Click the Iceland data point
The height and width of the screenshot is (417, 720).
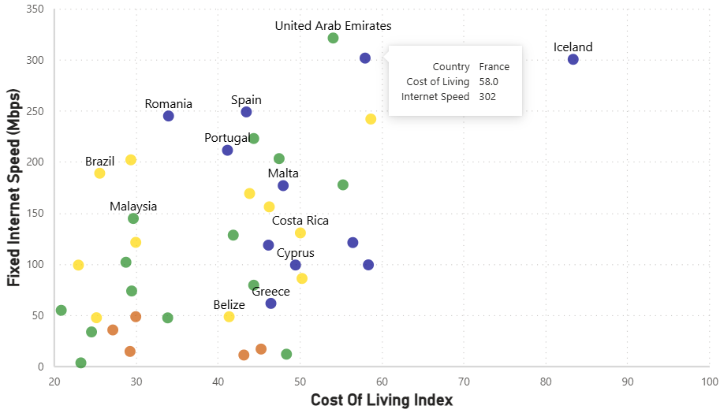(573, 60)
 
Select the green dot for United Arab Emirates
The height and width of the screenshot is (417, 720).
(333, 39)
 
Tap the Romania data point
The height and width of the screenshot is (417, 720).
(168, 117)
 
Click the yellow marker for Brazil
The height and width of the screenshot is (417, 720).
(99, 173)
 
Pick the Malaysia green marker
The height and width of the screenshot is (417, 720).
(133, 218)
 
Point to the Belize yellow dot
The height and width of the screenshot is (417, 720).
(229, 317)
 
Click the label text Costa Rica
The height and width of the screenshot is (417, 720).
(300, 221)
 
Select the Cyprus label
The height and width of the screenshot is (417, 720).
(295, 253)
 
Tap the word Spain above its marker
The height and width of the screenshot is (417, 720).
(246, 100)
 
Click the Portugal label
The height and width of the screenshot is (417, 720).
(227, 138)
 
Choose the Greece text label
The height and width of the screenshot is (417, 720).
(270, 292)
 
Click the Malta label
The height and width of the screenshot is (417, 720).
(282, 173)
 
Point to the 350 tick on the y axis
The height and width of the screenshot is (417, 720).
(35, 9)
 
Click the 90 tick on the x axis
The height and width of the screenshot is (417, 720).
(628, 382)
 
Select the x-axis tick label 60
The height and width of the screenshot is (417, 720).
(382, 382)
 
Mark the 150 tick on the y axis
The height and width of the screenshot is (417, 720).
(35, 214)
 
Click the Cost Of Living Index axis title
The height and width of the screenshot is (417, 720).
(382, 400)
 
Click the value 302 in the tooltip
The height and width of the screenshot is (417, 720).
(487, 97)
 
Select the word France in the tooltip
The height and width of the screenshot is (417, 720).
(494, 67)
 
